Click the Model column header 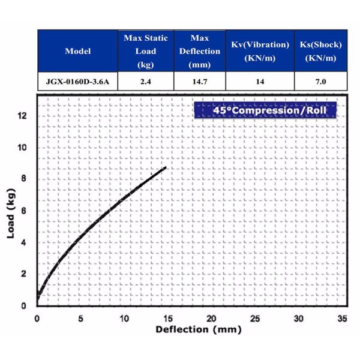pyautogui.click(x=78, y=51)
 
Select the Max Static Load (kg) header pyautogui.click(x=146, y=51)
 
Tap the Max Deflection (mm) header pyautogui.click(x=199, y=51)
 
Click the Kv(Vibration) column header pyautogui.click(x=260, y=51)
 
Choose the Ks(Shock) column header pyautogui.click(x=320, y=51)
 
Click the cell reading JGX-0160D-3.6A pyautogui.click(x=78, y=81)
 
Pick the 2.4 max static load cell pyautogui.click(x=146, y=81)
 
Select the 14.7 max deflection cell pyautogui.click(x=199, y=81)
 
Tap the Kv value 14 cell pyautogui.click(x=260, y=81)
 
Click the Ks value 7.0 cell pyautogui.click(x=320, y=81)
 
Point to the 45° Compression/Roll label pyautogui.click(x=265, y=110)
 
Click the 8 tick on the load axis pyautogui.click(x=24, y=179)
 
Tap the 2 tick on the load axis pyautogui.click(x=24, y=274)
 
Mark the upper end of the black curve pyautogui.click(x=165, y=167)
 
